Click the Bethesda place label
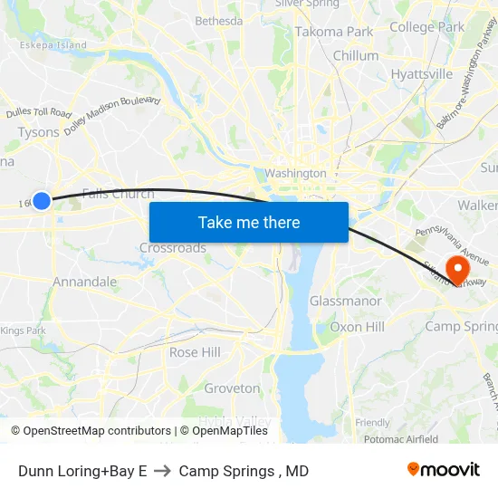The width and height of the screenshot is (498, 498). pyautogui.click(x=219, y=21)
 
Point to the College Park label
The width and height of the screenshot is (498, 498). pyautogui.click(x=426, y=27)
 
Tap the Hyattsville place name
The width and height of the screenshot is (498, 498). pyautogui.click(x=422, y=73)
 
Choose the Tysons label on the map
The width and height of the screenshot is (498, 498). pyautogui.click(x=38, y=132)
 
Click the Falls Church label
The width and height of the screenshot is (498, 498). pyautogui.click(x=118, y=194)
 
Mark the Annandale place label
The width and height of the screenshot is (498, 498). pyautogui.click(x=84, y=282)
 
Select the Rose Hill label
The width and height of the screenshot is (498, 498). pyautogui.click(x=195, y=352)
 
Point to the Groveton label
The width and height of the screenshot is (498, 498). pyautogui.click(x=232, y=388)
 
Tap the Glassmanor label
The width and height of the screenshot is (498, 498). pyautogui.click(x=345, y=301)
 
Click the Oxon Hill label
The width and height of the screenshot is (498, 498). pyautogui.click(x=357, y=327)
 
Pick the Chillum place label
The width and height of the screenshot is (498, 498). pyautogui.click(x=356, y=56)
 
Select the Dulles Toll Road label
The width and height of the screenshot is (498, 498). pyautogui.click(x=38, y=113)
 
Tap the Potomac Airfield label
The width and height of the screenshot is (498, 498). pyautogui.click(x=402, y=439)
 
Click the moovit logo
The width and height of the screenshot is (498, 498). pyautogui.click(x=443, y=470)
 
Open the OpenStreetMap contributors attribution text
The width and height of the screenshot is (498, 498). pyautogui.click(x=97, y=431)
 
